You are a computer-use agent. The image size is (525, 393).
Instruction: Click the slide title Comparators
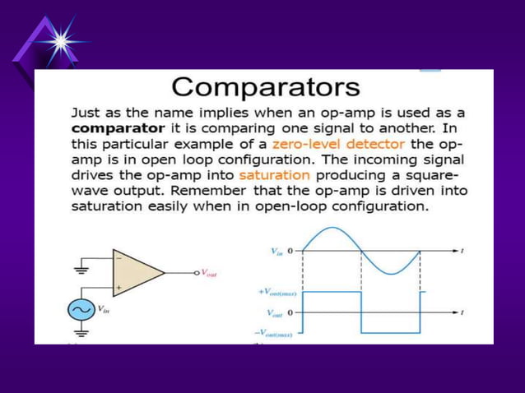(266, 87)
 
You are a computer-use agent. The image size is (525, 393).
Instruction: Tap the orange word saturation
(274, 175)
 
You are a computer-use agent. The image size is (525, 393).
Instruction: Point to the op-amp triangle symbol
(137, 272)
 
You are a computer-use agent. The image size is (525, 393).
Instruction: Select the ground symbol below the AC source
(81, 332)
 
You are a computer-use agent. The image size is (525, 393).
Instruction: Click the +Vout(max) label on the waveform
(277, 293)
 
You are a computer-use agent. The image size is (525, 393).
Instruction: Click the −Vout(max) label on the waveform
(276, 332)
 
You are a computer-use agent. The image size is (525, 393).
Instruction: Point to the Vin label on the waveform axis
(277, 251)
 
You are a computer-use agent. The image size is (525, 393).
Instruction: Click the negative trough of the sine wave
(391, 274)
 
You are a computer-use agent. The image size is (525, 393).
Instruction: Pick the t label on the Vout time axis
(463, 312)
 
